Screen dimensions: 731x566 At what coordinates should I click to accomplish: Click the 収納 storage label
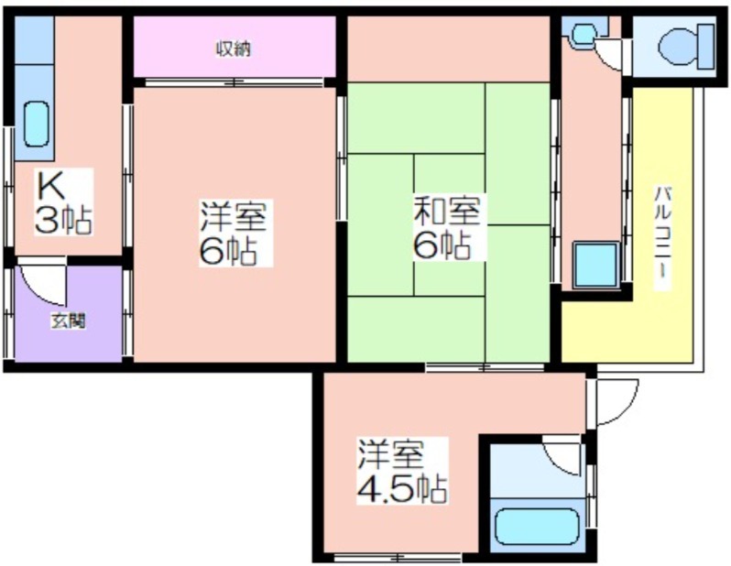tap(234, 49)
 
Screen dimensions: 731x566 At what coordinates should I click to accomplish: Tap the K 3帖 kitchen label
tap(63, 202)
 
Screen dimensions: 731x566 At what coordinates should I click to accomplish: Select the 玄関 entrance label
tap(68, 321)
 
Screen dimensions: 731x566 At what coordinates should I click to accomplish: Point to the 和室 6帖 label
tap(447, 227)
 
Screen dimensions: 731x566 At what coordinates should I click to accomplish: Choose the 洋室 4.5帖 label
tap(402, 471)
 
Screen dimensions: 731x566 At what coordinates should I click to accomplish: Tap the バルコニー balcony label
tap(662, 238)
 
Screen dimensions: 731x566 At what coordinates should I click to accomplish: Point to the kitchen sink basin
tap(36, 125)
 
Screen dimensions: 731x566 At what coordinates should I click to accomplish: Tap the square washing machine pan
tap(595, 266)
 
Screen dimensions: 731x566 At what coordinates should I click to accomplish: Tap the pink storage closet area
tap(235, 47)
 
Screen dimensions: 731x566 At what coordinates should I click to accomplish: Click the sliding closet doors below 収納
tap(234, 82)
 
